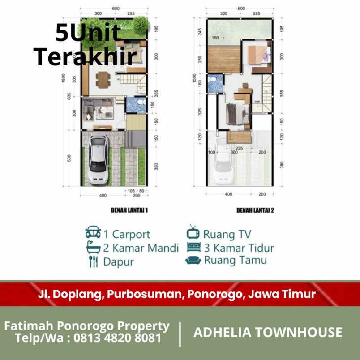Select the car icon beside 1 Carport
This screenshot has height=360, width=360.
93,233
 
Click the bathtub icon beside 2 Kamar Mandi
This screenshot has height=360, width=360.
93,247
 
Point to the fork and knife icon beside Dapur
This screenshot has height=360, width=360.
93,261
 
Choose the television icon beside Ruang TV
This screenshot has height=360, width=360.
193,232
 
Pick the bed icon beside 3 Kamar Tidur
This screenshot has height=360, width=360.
193,247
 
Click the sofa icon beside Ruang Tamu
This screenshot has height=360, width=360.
193,260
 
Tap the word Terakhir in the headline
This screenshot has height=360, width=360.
85,57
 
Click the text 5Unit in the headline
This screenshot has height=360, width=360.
88,33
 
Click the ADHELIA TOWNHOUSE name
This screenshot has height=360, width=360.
268,332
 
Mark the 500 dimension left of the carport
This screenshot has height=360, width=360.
69,159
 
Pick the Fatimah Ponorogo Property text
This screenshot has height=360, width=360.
87,326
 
